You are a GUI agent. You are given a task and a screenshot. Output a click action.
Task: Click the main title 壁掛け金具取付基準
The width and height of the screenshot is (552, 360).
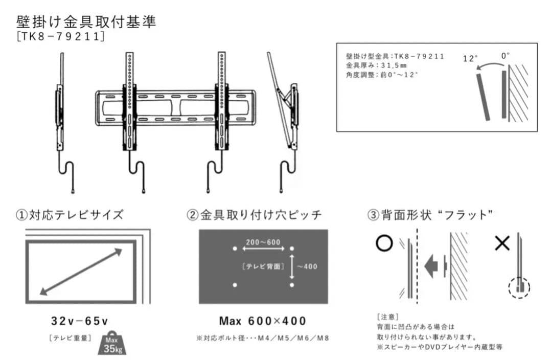click(86, 22)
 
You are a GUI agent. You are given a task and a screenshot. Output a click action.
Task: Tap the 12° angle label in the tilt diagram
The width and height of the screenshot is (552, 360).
click(470, 58)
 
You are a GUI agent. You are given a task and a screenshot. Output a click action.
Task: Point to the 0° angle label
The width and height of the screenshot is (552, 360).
click(505, 56)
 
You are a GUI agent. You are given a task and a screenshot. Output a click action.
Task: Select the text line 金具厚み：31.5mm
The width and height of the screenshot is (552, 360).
click(376, 65)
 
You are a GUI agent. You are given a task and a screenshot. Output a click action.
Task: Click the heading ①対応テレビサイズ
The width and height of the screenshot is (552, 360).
click(69, 215)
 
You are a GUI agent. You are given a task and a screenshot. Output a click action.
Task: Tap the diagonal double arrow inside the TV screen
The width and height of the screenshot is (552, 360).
click(81, 272)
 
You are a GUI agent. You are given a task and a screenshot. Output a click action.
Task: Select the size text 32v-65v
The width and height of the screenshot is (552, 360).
click(80, 321)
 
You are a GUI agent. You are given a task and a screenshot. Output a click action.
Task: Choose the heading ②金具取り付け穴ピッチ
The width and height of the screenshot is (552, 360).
click(254, 215)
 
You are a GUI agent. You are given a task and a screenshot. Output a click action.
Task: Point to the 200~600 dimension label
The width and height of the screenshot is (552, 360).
click(263, 241)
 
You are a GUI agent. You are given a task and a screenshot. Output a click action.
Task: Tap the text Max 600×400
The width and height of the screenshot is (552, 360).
click(263, 321)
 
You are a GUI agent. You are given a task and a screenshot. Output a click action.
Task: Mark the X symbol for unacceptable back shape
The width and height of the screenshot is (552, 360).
click(502, 243)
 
